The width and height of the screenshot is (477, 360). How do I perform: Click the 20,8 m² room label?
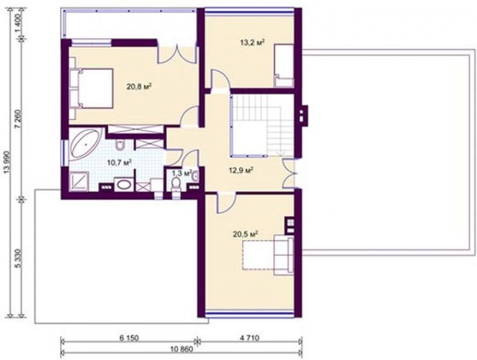139,87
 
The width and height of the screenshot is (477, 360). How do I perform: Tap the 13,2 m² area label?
252,43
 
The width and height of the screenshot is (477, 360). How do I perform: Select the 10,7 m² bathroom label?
119,162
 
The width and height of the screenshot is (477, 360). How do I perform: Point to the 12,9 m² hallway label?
241,170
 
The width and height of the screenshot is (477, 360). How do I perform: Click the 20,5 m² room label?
246,234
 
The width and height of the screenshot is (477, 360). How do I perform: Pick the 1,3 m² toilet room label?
182,173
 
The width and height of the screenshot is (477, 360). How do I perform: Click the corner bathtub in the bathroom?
86,144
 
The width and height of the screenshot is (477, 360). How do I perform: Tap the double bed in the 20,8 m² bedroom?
92,88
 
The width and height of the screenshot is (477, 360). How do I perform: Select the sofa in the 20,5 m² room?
284,255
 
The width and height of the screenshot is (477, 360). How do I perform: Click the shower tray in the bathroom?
79,181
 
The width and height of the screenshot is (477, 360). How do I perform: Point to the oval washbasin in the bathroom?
124,185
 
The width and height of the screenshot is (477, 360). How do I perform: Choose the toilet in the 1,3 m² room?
175,185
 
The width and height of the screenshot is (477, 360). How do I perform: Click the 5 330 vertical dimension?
19,258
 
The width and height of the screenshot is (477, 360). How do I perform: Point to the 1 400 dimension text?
19,24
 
